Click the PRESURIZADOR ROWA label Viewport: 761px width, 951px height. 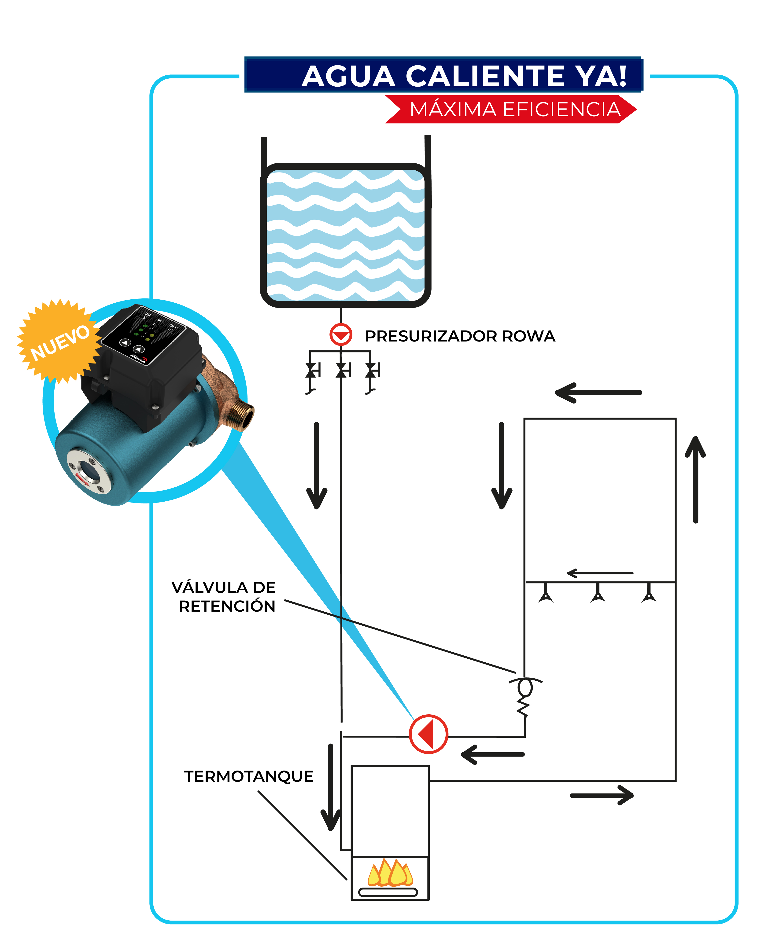click(x=460, y=336)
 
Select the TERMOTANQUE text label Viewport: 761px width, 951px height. click(x=248, y=776)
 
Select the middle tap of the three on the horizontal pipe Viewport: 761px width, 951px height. click(x=598, y=593)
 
